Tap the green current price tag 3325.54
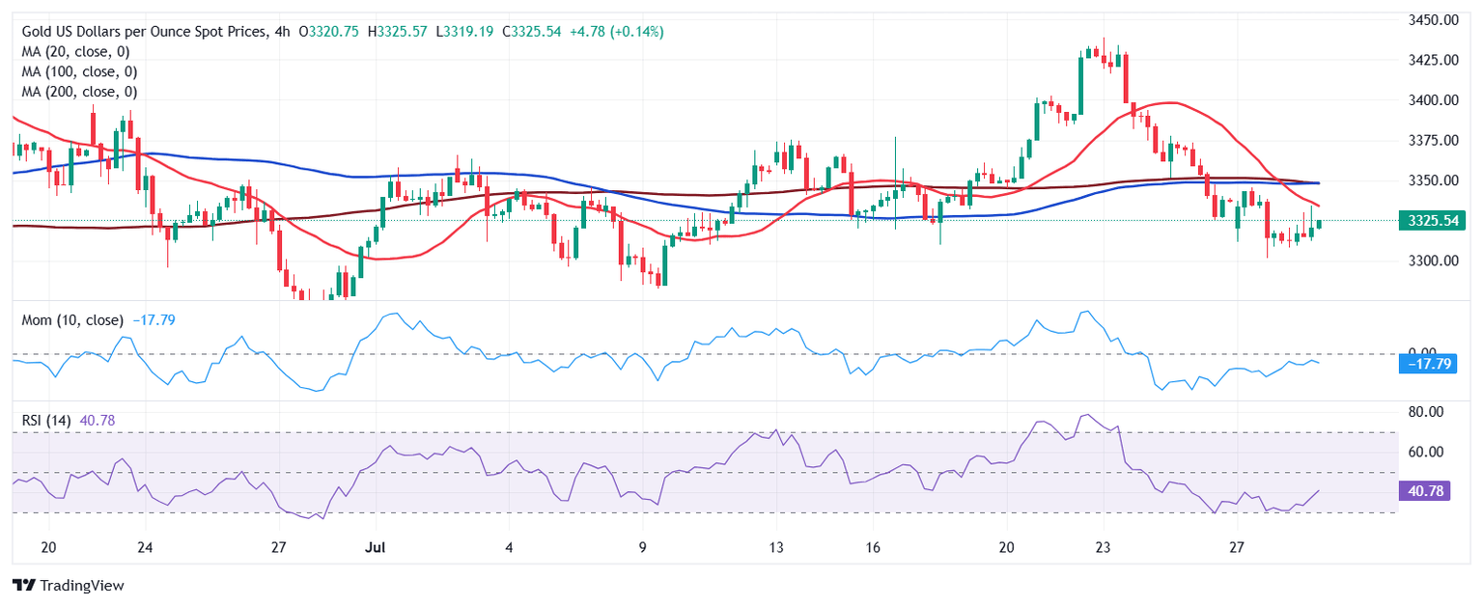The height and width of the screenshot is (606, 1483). click(1431, 221)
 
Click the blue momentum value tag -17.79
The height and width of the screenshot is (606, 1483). click(1427, 364)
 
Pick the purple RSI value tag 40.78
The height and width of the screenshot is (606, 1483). click(1425, 491)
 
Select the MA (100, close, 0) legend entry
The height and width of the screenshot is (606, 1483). click(79, 71)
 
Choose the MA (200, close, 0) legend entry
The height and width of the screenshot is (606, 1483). click(79, 92)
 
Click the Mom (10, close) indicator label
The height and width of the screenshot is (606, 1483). click(72, 319)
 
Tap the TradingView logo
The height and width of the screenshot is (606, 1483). click(69, 585)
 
